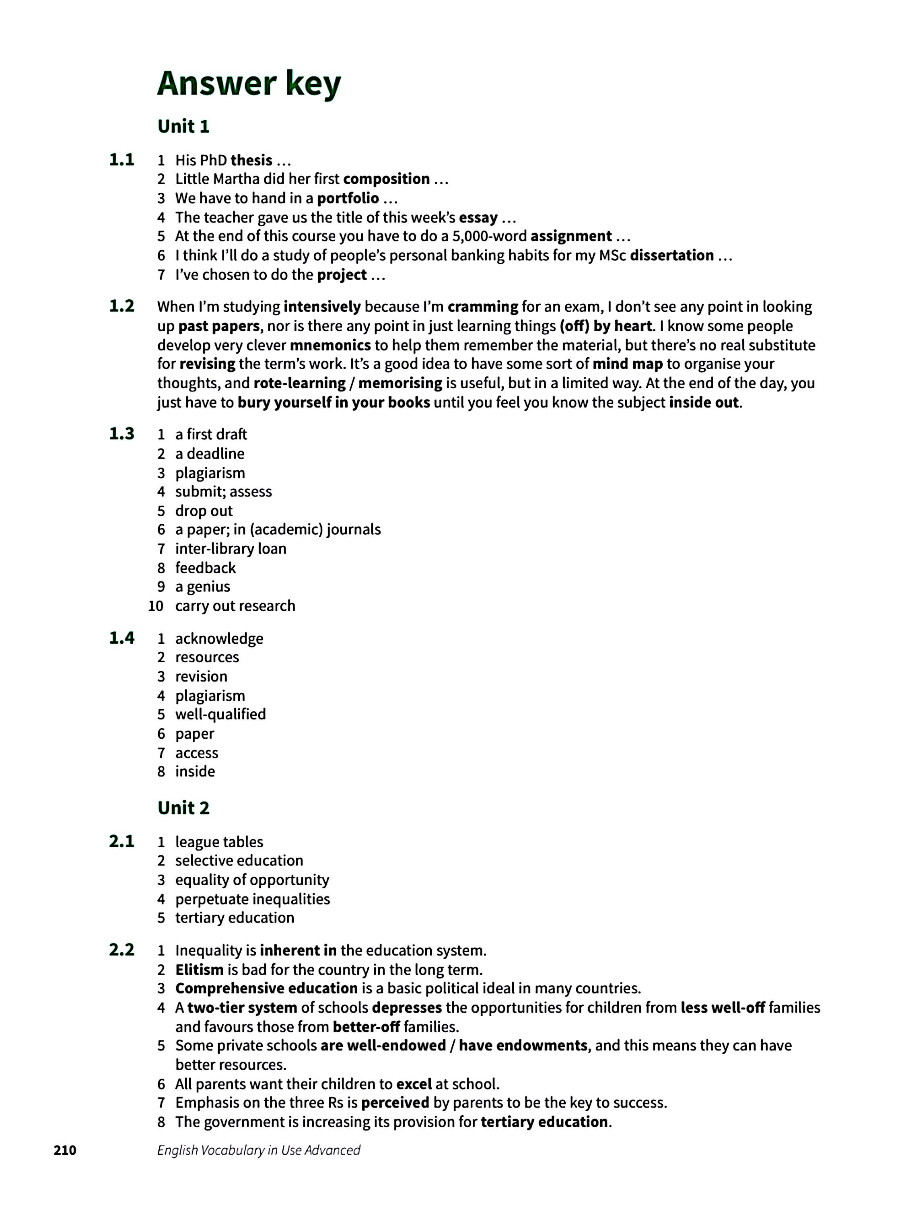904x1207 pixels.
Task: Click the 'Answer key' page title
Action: coord(249,84)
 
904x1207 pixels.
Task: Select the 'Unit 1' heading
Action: coord(183,127)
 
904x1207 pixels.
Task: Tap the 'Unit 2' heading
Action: coord(183,807)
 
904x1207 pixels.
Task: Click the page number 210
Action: coord(65,1150)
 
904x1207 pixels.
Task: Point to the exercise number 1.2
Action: coord(121,306)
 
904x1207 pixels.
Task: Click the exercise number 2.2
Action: coord(121,950)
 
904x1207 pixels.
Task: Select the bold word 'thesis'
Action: coord(251,161)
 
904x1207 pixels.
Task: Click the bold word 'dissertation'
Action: coord(671,255)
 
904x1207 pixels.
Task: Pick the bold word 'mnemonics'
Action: coord(330,345)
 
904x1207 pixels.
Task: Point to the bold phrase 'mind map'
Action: coord(627,364)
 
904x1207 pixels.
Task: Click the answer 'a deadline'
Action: coord(210,453)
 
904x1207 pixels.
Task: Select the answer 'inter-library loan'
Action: coord(230,548)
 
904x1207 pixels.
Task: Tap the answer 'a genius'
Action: coord(202,587)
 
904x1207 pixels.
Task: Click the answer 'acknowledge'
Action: coord(219,639)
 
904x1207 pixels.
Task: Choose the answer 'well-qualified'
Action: coord(220,714)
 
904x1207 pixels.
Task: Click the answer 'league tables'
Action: coord(219,842)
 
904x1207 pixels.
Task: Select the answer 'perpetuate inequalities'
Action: coord(252,899)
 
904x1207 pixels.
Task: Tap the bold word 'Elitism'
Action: coord(199,970)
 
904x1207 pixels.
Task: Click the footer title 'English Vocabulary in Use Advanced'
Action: coord(259,1150)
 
